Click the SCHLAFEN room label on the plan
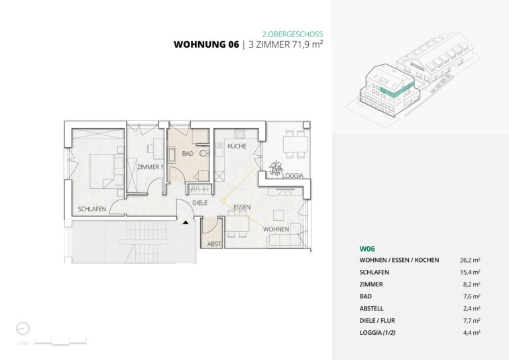tap(91, 209)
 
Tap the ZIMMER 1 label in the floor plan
tap(150, 167)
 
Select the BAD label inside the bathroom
tap(187, 154)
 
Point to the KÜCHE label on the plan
tap(237, 146)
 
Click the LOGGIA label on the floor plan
tap(292, 176)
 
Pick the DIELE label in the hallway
tap(200, 203)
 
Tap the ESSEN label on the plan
tap(241, 208)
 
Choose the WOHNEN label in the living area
tap(276, 229)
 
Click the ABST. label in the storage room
tap(215, 244)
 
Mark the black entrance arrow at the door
tap(186, 223)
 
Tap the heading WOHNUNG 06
tap(205, 45)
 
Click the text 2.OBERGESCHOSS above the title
tap(293, 32)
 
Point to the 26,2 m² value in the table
tap(469, 260)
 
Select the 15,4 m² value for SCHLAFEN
tap(469, 272)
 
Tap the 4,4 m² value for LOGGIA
tap(470, 333)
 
